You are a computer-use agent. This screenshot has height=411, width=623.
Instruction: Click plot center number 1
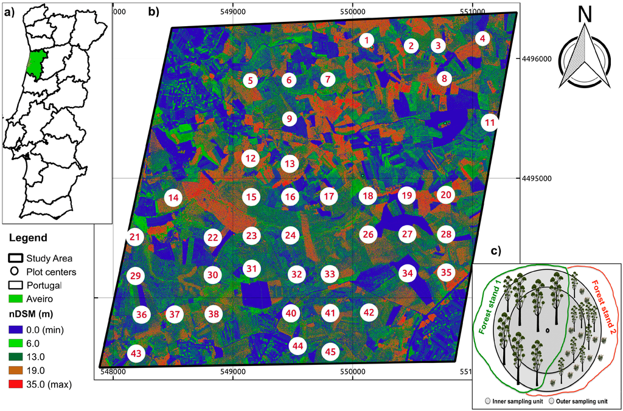[x=366, y=41]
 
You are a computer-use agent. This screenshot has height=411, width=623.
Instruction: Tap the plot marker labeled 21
[x=135, y=237]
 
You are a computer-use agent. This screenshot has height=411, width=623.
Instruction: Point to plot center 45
[x=330, y=351]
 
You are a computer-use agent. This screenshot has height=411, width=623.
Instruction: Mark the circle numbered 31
[x=251, y=268]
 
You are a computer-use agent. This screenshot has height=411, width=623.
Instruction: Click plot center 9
[x=290, y=119]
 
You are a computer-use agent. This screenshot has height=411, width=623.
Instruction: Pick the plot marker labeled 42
[x=368, y=313]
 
